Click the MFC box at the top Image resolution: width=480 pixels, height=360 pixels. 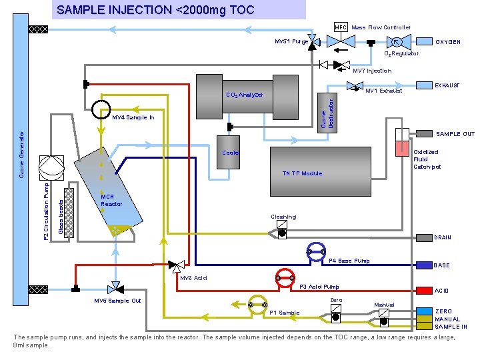pos(341,27)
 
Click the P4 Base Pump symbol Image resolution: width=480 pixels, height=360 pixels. pos(315,251)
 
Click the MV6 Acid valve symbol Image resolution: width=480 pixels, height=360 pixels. pos(177,266)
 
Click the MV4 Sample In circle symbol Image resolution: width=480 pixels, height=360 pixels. pos(101,108)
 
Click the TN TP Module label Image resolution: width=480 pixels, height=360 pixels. pos(302,173)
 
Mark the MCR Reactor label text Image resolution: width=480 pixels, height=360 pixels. pos(111,201)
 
